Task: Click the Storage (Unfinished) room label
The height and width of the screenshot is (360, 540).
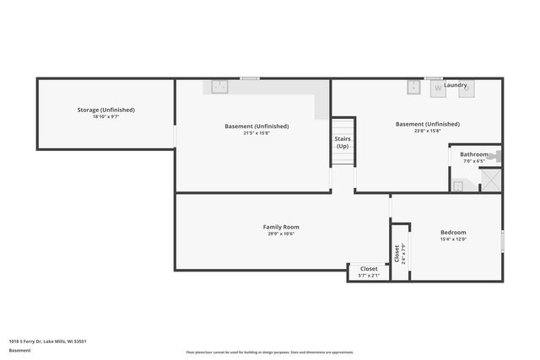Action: coord(105,110)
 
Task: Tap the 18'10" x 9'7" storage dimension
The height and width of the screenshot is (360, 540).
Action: coord(105,117)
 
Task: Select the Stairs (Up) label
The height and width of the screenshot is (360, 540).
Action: coord(343,142)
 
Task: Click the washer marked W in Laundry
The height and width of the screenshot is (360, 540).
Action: coord(437,88)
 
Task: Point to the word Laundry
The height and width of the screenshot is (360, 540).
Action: coord(456,85)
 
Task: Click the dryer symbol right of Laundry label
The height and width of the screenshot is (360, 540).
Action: coord(467,88)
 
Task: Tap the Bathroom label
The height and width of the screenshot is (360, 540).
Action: coord(473,154)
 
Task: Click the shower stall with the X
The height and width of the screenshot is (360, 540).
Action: coord(490,180)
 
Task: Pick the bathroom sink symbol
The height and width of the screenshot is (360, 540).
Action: coord(458,186)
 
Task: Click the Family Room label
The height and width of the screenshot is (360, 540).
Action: coord(281,227)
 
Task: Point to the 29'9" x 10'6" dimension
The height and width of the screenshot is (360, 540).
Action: coord(281,234)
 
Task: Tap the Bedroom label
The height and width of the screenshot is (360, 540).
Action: coord(453,232)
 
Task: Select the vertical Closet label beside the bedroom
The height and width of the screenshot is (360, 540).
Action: coord(397,252)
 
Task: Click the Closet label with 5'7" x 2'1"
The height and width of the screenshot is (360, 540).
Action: coord(369,268)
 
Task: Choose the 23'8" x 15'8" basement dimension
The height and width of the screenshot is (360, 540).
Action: coord(427,131)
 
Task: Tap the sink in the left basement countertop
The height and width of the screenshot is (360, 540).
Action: coord(219,86)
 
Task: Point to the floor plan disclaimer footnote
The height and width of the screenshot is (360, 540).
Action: coord(270,352)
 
